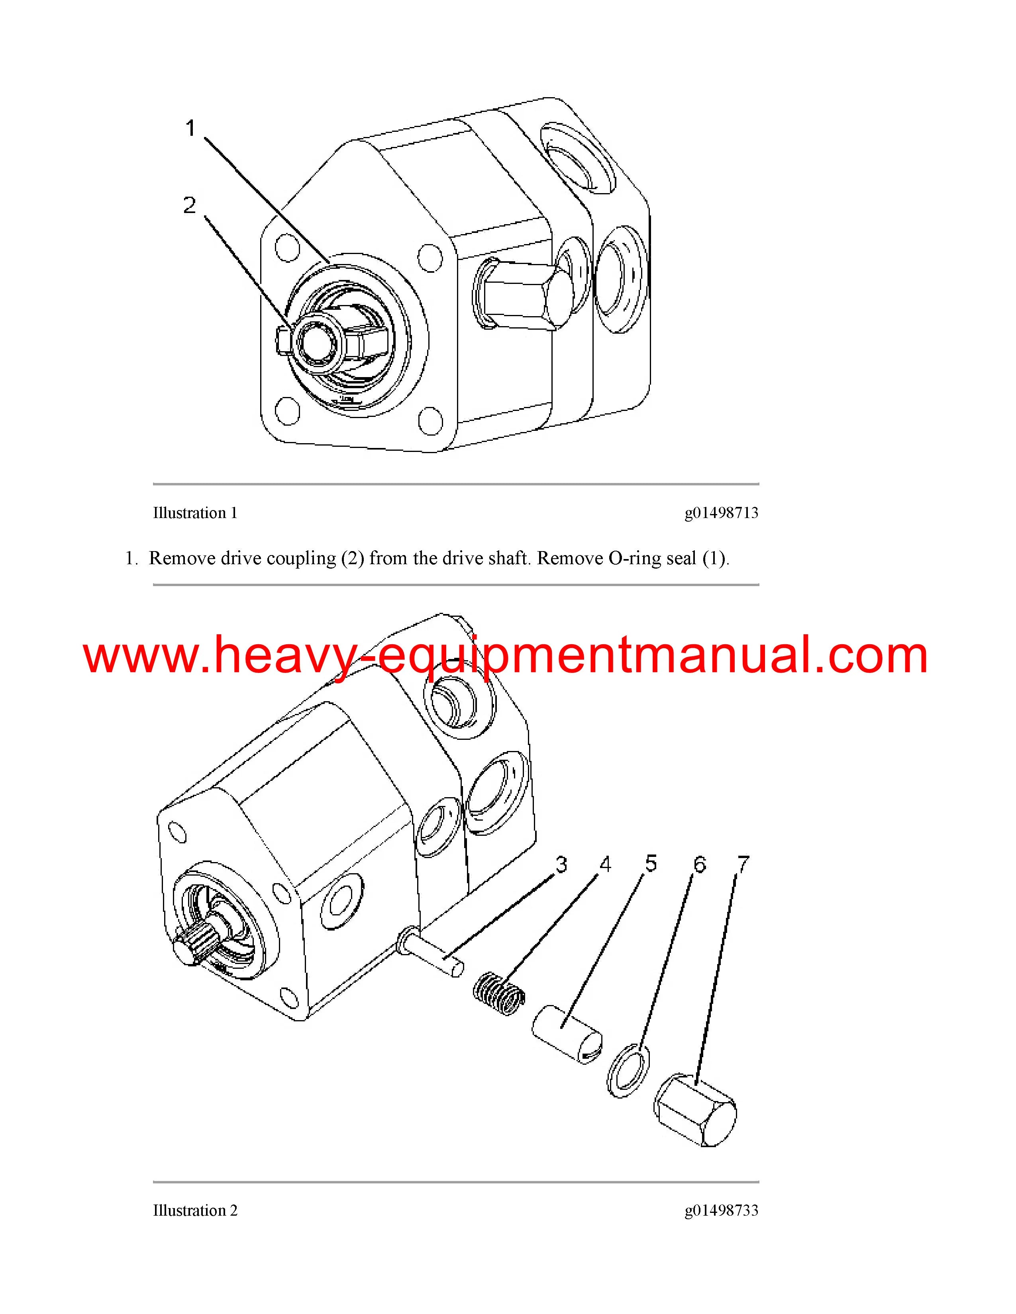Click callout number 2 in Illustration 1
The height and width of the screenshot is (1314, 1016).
pos(190,205)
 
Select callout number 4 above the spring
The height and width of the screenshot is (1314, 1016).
pos(605,864)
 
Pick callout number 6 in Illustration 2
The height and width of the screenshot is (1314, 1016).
pos(699,864)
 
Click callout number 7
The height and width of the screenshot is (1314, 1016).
pos(743,864)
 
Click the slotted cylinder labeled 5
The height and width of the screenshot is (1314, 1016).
pos(567,1034)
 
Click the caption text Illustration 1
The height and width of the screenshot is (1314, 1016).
pos(195,513)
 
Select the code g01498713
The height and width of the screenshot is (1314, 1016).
pos(721,513)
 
